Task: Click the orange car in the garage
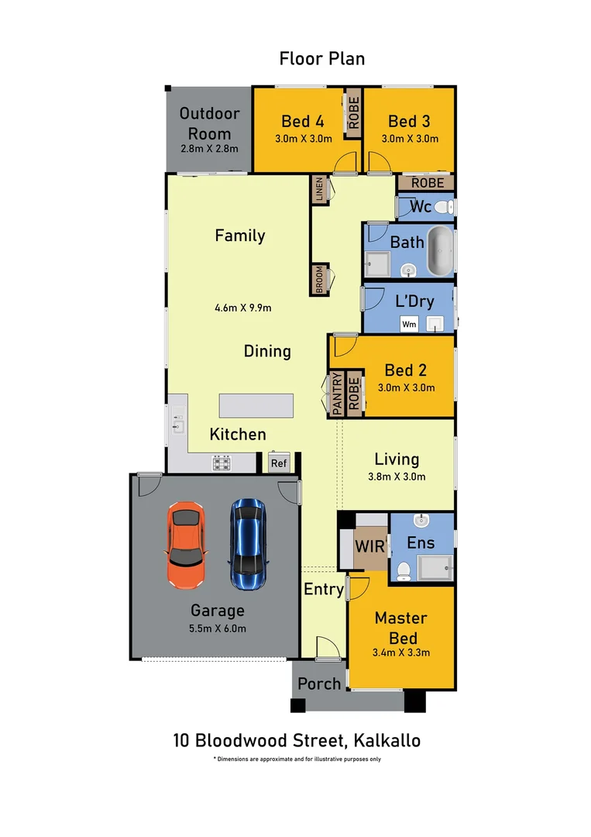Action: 186,544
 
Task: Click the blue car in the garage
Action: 247,543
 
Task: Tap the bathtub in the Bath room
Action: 440,252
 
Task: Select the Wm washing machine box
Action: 407,325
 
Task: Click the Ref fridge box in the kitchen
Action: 278,463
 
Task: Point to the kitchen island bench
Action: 256,406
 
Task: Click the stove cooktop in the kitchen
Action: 222,463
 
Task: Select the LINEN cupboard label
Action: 319,190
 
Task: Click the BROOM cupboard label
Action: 319,280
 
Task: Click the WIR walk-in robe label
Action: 369,546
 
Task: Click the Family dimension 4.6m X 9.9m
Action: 242,307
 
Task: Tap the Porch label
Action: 319,683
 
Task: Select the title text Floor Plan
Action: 321,58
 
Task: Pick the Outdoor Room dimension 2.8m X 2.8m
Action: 209,149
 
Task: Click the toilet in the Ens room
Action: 403,572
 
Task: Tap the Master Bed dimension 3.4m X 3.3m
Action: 400,653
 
